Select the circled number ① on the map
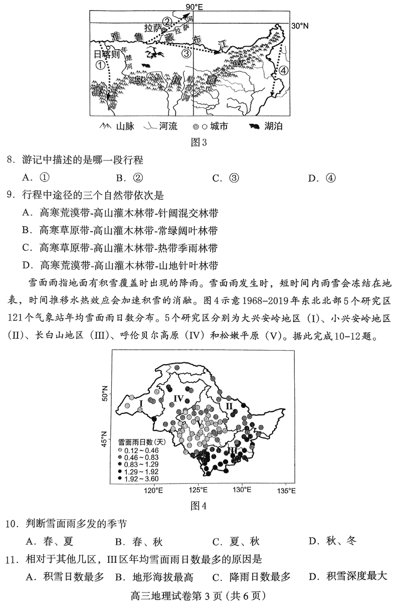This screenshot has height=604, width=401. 101,65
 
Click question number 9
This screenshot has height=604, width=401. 11,195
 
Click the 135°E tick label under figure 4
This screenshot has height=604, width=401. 286,489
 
